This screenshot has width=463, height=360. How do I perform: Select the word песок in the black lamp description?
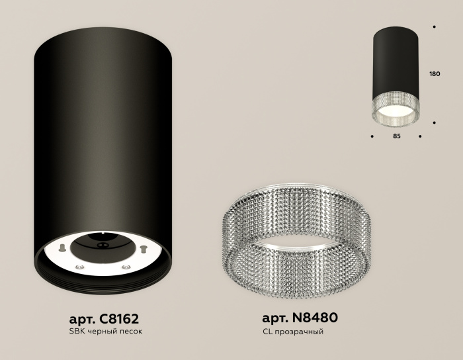(128, 331)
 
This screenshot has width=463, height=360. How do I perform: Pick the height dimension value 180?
(435, 73)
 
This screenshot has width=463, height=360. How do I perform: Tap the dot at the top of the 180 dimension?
(434, 27)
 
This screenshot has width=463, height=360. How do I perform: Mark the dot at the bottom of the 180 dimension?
(434, 122)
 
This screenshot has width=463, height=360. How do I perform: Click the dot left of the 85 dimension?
(372, 138)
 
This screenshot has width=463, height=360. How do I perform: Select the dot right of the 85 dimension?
(421, 138)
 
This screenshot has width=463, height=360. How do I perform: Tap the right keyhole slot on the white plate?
(141, 249)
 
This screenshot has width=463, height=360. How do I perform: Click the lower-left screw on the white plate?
(79, 266)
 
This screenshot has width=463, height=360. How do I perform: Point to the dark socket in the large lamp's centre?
(102, 245)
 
